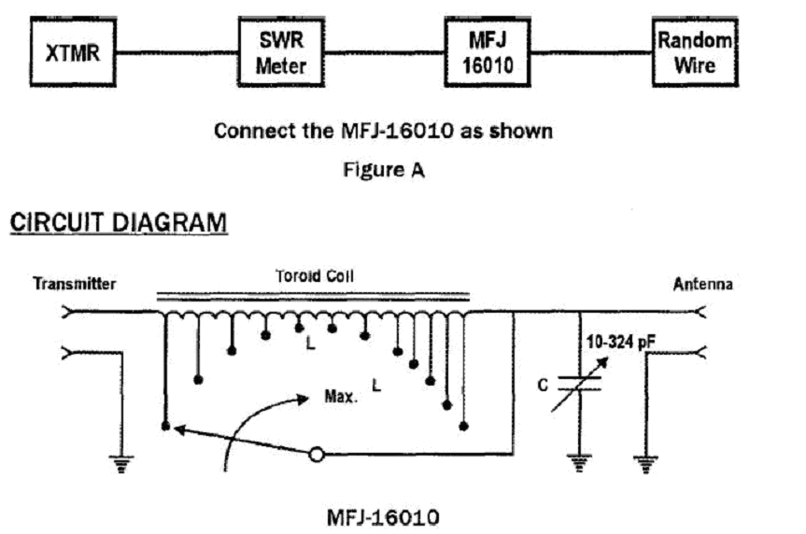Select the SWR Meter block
click(x=281, y=52)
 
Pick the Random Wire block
click(x=692, y=52)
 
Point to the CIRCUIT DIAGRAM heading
click(x=118, y=223)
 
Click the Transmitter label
click(x=75, y=285)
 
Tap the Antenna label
click(x=702, y=285)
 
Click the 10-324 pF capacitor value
click(x=617, y=343)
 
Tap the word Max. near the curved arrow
click(x=341, y=396)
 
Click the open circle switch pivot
click(x=318, y=455)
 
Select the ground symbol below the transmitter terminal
click(x=119, y=464)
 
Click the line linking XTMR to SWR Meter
click(x=177, y=52)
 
